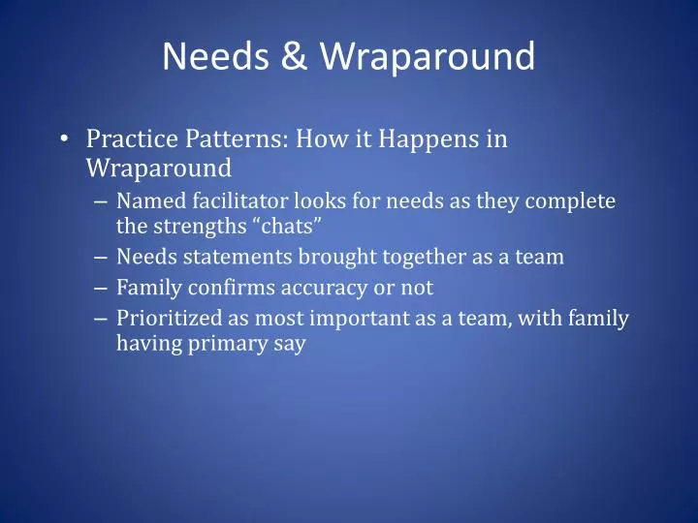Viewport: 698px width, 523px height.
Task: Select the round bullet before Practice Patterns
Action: [x=63, y=139]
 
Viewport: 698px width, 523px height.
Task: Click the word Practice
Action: [x=126, y=139]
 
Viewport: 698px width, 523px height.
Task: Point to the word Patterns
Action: [x=231, y=139]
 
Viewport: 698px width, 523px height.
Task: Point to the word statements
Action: [x=222, y=258]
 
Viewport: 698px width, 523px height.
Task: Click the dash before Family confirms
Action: [x=104, y=288]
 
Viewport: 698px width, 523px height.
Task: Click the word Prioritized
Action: [x=166, y=318]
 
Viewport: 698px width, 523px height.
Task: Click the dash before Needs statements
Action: [x=104, y=258]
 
